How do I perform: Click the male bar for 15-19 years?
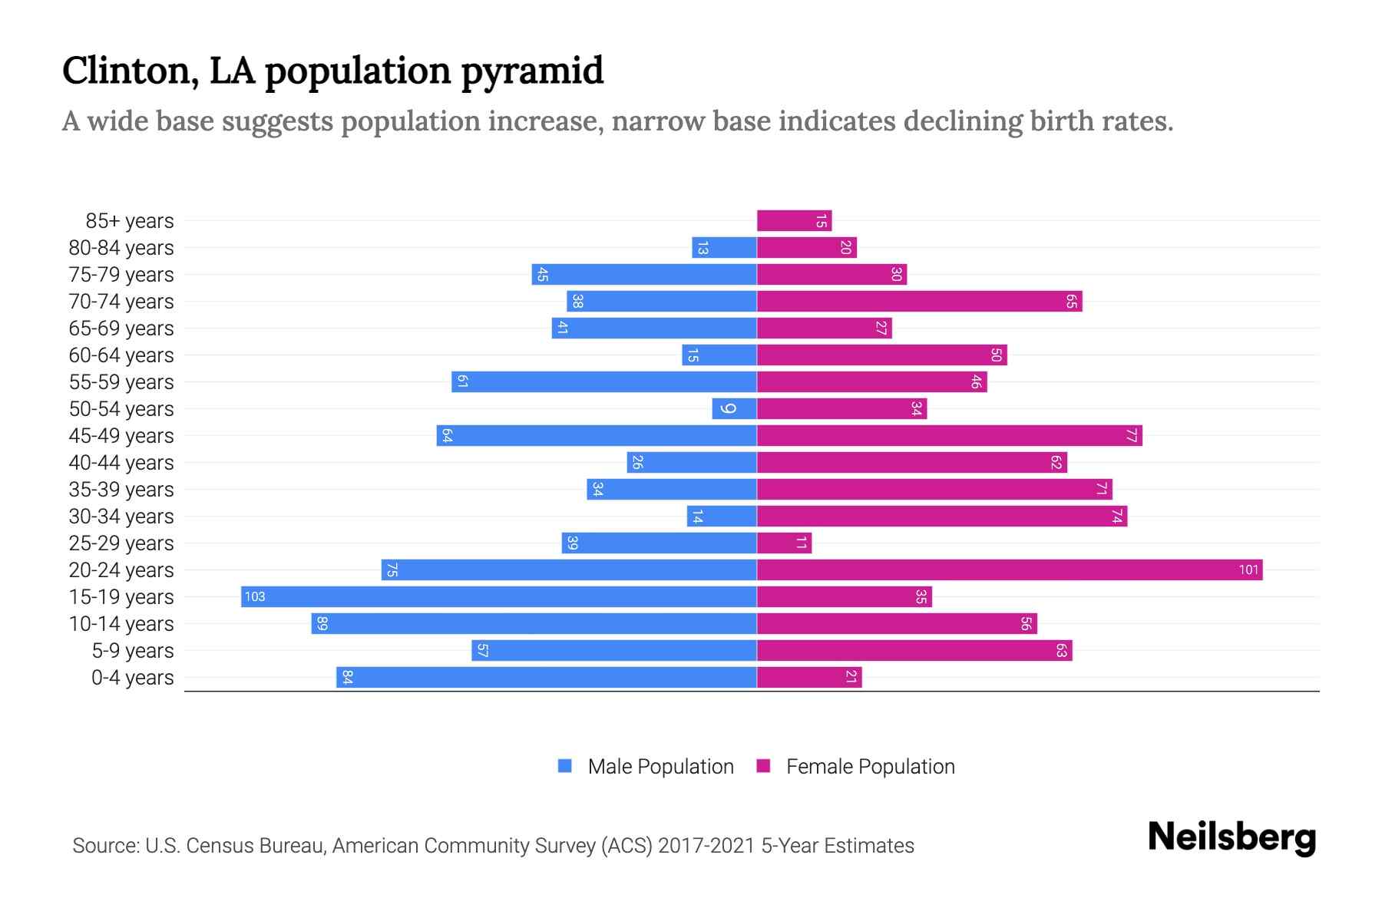click(x=499, y=597)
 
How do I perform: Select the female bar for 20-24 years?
click(x=1010, y=570)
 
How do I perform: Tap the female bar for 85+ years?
click(x=794, y=221)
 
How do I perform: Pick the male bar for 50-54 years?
click(x=734, y=409)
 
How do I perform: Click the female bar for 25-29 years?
click(x=784, y=543)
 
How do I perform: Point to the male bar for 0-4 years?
click(x=547, y=678)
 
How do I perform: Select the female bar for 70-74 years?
click(x=919, y=302)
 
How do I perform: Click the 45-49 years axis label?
click(x=121, y=436)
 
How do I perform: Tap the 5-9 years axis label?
click(x=133, y=651)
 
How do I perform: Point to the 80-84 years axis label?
click(x=121, y=248)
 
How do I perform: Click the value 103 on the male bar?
click(x=255, y=597)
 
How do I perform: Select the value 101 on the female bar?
click(x=1248, y=570)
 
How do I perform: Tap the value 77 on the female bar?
click(x=1131, y=436)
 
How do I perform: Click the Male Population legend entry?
click(x=660, y=767)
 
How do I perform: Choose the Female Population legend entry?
click(x=870, y=767)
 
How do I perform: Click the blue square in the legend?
click(x=565, y=766)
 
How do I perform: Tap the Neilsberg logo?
click(x=1232, y=837)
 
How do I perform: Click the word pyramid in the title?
click(x=532, y=71)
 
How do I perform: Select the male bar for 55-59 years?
click(x=604, y=382)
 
